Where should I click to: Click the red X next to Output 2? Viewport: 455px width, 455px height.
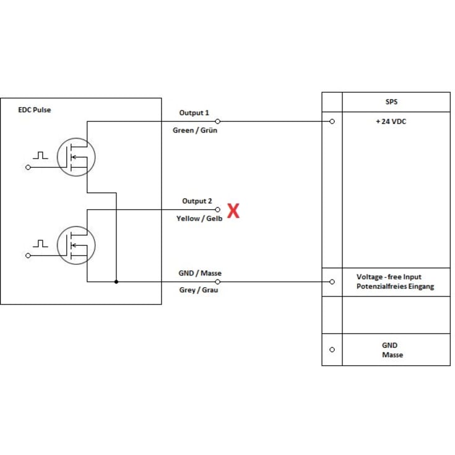pos(233,211)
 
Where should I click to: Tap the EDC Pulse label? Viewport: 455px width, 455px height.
pos(35,110)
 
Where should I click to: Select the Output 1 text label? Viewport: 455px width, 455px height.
pos(194,113)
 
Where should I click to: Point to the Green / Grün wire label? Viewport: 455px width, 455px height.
pos(195,130)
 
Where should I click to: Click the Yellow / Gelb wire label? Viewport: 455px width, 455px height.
pos(199,219)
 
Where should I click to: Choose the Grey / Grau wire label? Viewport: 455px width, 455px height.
pos(199,290)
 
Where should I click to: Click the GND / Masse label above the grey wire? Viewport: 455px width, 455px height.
pos(200,273)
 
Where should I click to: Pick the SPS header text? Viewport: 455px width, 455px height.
pos(391,102)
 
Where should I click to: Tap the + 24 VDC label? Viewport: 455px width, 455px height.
pos(391,121)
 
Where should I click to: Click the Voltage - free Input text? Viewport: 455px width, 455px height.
pos(389,277)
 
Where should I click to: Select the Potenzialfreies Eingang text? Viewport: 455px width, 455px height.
pos(395,287)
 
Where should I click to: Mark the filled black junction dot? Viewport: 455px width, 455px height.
pos(116,282)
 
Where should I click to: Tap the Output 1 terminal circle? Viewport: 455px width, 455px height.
pos(218,121)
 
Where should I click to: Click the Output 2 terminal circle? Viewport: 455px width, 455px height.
pos(218,209)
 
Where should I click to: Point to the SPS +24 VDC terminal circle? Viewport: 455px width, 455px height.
pos(332,121)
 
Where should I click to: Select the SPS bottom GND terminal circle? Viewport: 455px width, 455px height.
pos(332,350)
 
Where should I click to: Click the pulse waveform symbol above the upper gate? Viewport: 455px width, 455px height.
pos(41,155)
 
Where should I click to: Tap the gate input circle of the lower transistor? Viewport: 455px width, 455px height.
pos(28,256)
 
